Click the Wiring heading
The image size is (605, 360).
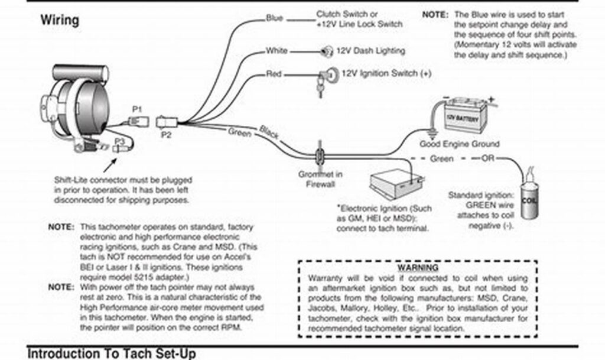click(59, 20)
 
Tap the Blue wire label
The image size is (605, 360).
click(274, 18)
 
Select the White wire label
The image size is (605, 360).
click(276, 51)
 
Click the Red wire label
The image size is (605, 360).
click(274, 74)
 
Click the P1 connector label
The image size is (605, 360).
click(137, 109)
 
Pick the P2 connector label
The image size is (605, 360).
click(165, 134)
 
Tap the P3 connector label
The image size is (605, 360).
click(120, 141)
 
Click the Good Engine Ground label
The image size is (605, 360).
click(459, 144)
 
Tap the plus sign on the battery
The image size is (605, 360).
click(490, 99)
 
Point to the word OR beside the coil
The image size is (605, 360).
click(488, 158)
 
